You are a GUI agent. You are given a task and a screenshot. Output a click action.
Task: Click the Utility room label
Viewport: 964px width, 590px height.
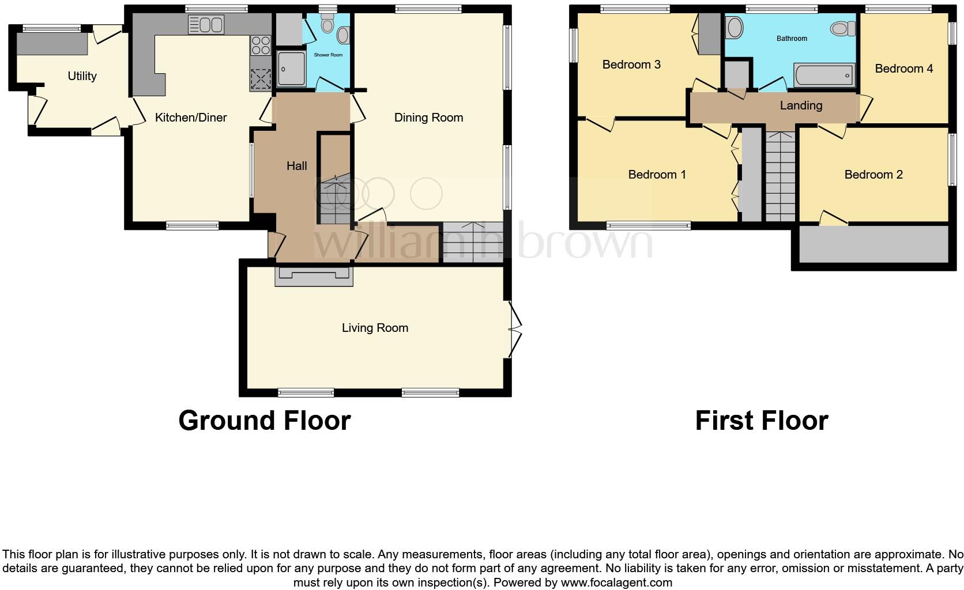click(x=82, y=76)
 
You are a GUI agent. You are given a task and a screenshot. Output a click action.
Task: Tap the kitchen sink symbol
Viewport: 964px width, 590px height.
click(x=206, y=25)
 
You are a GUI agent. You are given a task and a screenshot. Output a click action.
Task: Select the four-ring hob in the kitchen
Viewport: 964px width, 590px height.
click(x=261, y=44)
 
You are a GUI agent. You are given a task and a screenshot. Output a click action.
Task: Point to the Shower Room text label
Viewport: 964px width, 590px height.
click(x=328, y=55)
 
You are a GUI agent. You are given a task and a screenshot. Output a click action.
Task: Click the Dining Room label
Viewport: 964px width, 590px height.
click(x=428, y=118)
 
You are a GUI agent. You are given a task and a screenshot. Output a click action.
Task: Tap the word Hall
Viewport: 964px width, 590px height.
click(x=296, y=166)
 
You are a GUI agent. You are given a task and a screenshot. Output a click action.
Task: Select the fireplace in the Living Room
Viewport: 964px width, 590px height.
click(x=314, y=277)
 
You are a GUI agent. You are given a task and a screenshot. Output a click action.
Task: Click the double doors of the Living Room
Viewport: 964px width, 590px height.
click(x=515, y=328)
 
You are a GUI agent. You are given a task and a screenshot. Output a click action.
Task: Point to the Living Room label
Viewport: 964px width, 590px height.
click(x=375, y=328)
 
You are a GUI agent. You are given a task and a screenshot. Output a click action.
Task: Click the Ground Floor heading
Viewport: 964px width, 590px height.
click(x=264, y=421)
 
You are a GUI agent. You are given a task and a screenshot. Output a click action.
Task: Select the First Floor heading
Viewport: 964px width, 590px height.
click(x=761, y=421)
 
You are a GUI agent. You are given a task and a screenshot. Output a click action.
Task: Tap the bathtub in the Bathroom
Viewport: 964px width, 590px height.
click(x=824, y=75)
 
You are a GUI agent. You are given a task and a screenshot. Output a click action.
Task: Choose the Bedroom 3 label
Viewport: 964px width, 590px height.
click(x=631, y=65)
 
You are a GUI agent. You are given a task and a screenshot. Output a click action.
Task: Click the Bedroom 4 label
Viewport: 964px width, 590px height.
click(x=903, y=69)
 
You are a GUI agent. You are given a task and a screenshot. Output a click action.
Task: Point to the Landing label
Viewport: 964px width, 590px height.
click(x=801, y=105)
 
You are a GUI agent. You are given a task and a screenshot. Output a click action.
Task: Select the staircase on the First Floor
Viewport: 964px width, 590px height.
click(x=780, y=176)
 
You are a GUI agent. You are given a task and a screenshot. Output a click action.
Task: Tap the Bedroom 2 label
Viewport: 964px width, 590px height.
click(x=873, y=175)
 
